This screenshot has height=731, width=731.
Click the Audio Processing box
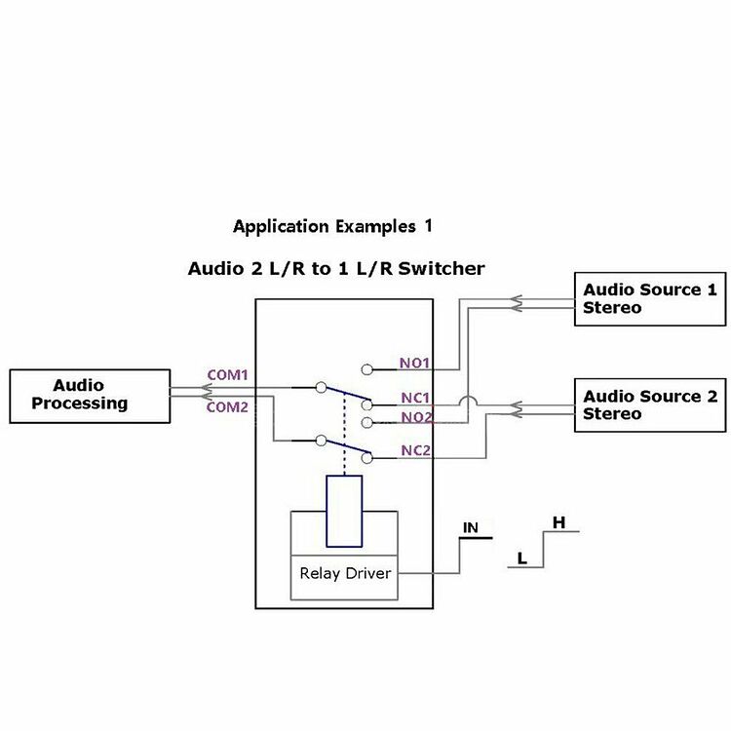click(x=89, y=396)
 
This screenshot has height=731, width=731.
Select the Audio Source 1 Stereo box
click(x=648, y=298)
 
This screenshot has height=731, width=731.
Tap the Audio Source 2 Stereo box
click(x=648, y=405)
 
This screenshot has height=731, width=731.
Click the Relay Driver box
click(x=345, y=573)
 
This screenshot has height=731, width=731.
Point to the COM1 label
click(x=227, y=375)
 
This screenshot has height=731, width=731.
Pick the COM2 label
click(x=227, y=407)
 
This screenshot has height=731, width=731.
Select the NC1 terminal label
click(x=414, y=398)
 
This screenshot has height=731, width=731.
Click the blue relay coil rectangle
click(x=345, y=511)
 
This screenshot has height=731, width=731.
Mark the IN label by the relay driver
click(x=471, y=528)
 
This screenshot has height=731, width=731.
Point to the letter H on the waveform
click(x=558, y=522)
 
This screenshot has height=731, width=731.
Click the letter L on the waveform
click(x=522, y=558)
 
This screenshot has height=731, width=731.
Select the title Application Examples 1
click(x=331, y=226)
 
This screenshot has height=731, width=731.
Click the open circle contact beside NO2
click(x=366, y=423)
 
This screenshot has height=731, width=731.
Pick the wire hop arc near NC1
click(x=467, y=402)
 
